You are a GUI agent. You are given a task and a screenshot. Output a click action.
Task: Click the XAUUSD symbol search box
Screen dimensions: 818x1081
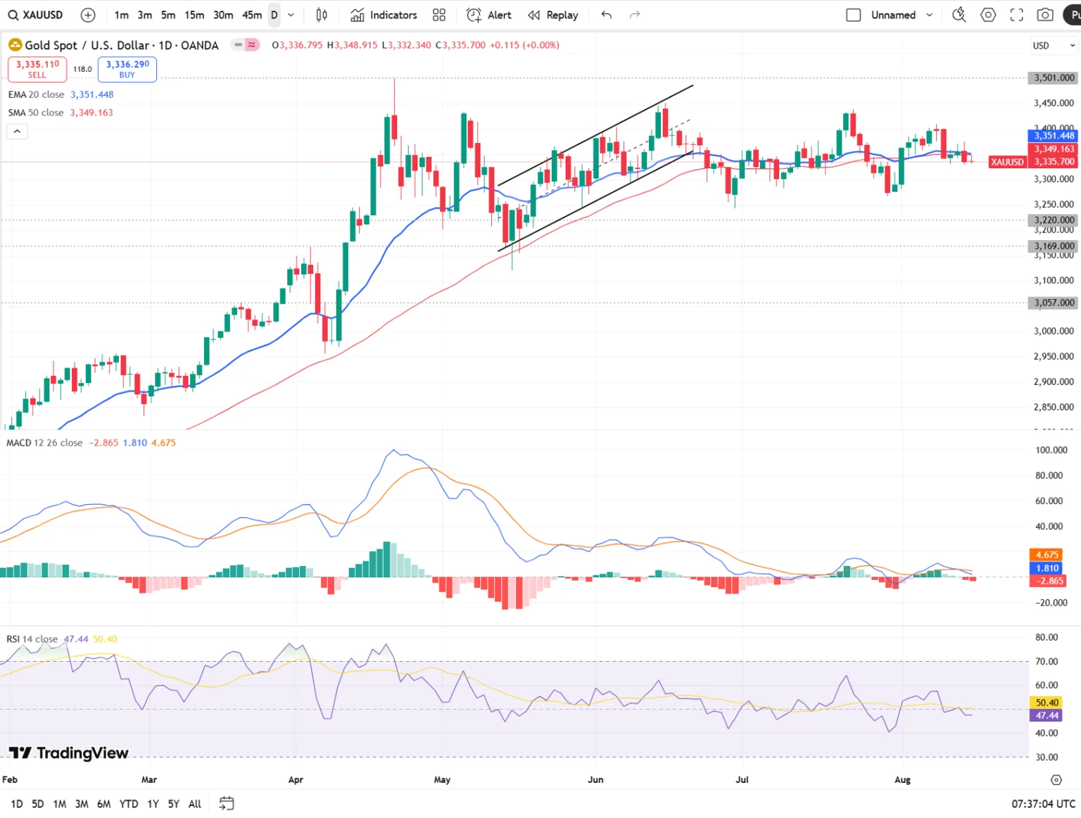point(37,15)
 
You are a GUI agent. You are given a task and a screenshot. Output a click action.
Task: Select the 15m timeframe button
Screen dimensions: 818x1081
point(194,15)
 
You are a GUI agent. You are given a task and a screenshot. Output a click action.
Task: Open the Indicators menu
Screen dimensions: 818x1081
point(384,15)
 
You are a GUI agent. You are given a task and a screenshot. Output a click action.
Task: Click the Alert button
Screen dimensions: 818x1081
point(489,15)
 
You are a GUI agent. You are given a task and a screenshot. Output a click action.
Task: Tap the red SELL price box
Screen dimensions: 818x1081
point(37,69)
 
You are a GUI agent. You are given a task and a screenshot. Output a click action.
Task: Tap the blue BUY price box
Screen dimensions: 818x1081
point(127,69)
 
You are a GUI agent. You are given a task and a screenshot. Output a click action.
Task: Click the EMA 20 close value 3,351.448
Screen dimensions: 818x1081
point(91,94)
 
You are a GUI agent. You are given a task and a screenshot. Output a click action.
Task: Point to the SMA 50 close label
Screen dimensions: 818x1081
point(36,113)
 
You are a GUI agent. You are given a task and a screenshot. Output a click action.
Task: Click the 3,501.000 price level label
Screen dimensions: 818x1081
point(1054,77)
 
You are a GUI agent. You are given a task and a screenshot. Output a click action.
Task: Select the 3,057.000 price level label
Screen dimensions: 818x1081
point(1054,303)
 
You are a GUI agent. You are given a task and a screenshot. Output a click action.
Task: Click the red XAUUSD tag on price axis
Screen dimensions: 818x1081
point(1007,162)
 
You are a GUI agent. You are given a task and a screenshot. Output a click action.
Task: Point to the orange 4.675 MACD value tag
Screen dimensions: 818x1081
point(1047,555)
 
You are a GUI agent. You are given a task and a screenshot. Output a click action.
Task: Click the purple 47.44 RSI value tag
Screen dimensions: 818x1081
point(1047,715)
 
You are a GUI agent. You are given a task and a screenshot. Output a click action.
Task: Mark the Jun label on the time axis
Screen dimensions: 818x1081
point(595,779)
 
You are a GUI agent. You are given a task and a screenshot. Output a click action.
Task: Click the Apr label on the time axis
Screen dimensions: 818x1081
point(296,779)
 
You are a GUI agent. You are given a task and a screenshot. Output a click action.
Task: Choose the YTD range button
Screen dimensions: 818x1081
point(129,804)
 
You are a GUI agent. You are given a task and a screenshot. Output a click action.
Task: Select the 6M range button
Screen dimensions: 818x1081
point(103,804)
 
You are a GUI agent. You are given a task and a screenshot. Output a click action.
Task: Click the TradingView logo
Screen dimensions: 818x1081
point(69,753)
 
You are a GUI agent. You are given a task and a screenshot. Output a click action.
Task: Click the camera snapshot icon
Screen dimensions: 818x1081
point(1045,15)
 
